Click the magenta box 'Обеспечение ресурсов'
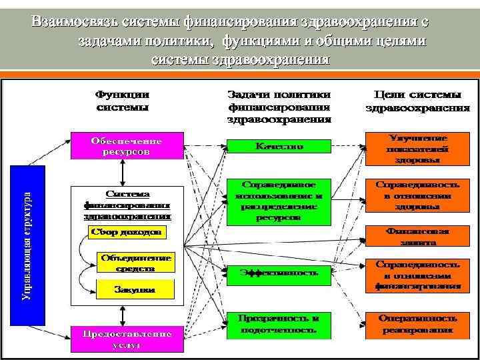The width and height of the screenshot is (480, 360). [x=127, y=146]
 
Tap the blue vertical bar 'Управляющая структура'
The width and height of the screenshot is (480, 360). [x=28, y=245]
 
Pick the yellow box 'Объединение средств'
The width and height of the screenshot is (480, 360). [x=137, y=262]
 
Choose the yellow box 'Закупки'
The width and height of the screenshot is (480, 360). [x=136, y=290]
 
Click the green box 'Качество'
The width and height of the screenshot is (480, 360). [x=279, y=146]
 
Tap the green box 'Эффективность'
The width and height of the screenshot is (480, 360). [x=279, y=272]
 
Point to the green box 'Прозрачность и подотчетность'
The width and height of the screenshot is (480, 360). [x=279, y=324]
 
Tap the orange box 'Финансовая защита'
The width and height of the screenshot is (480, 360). [x=417, y=233]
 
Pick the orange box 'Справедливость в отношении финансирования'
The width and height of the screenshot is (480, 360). [x=417, y=275]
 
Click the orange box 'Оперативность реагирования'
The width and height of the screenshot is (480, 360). [x=417, y=323]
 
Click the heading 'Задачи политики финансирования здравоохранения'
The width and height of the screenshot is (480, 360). [x=279, y=107]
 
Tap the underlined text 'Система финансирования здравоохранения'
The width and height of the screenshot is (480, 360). [x=127, y=205]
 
